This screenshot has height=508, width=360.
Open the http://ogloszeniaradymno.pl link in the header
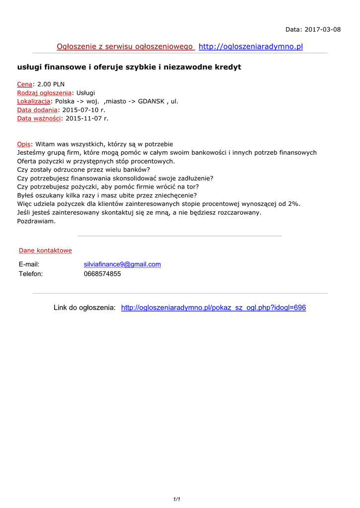[x=250, y=47]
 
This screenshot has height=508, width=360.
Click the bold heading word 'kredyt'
[x=224, y=67]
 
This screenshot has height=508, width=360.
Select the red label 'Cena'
[x=25, y=84]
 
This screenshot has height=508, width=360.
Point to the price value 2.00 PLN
[x=51, y=84]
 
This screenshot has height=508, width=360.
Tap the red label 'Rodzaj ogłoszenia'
[x=44, y=93]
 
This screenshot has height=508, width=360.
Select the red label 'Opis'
[x=24, y=144]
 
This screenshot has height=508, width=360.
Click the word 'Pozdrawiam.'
[x=36, y=221]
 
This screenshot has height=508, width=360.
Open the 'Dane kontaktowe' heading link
[x=45, y=251]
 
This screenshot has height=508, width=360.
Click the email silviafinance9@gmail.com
[x=122, y=264]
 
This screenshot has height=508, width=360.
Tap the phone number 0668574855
[x=102, y=274]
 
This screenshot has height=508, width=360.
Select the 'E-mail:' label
[x=29, y=264]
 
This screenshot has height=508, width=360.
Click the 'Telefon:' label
[x=31, y=274]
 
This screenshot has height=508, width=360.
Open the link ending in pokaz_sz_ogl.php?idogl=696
[x=214, y=308]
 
